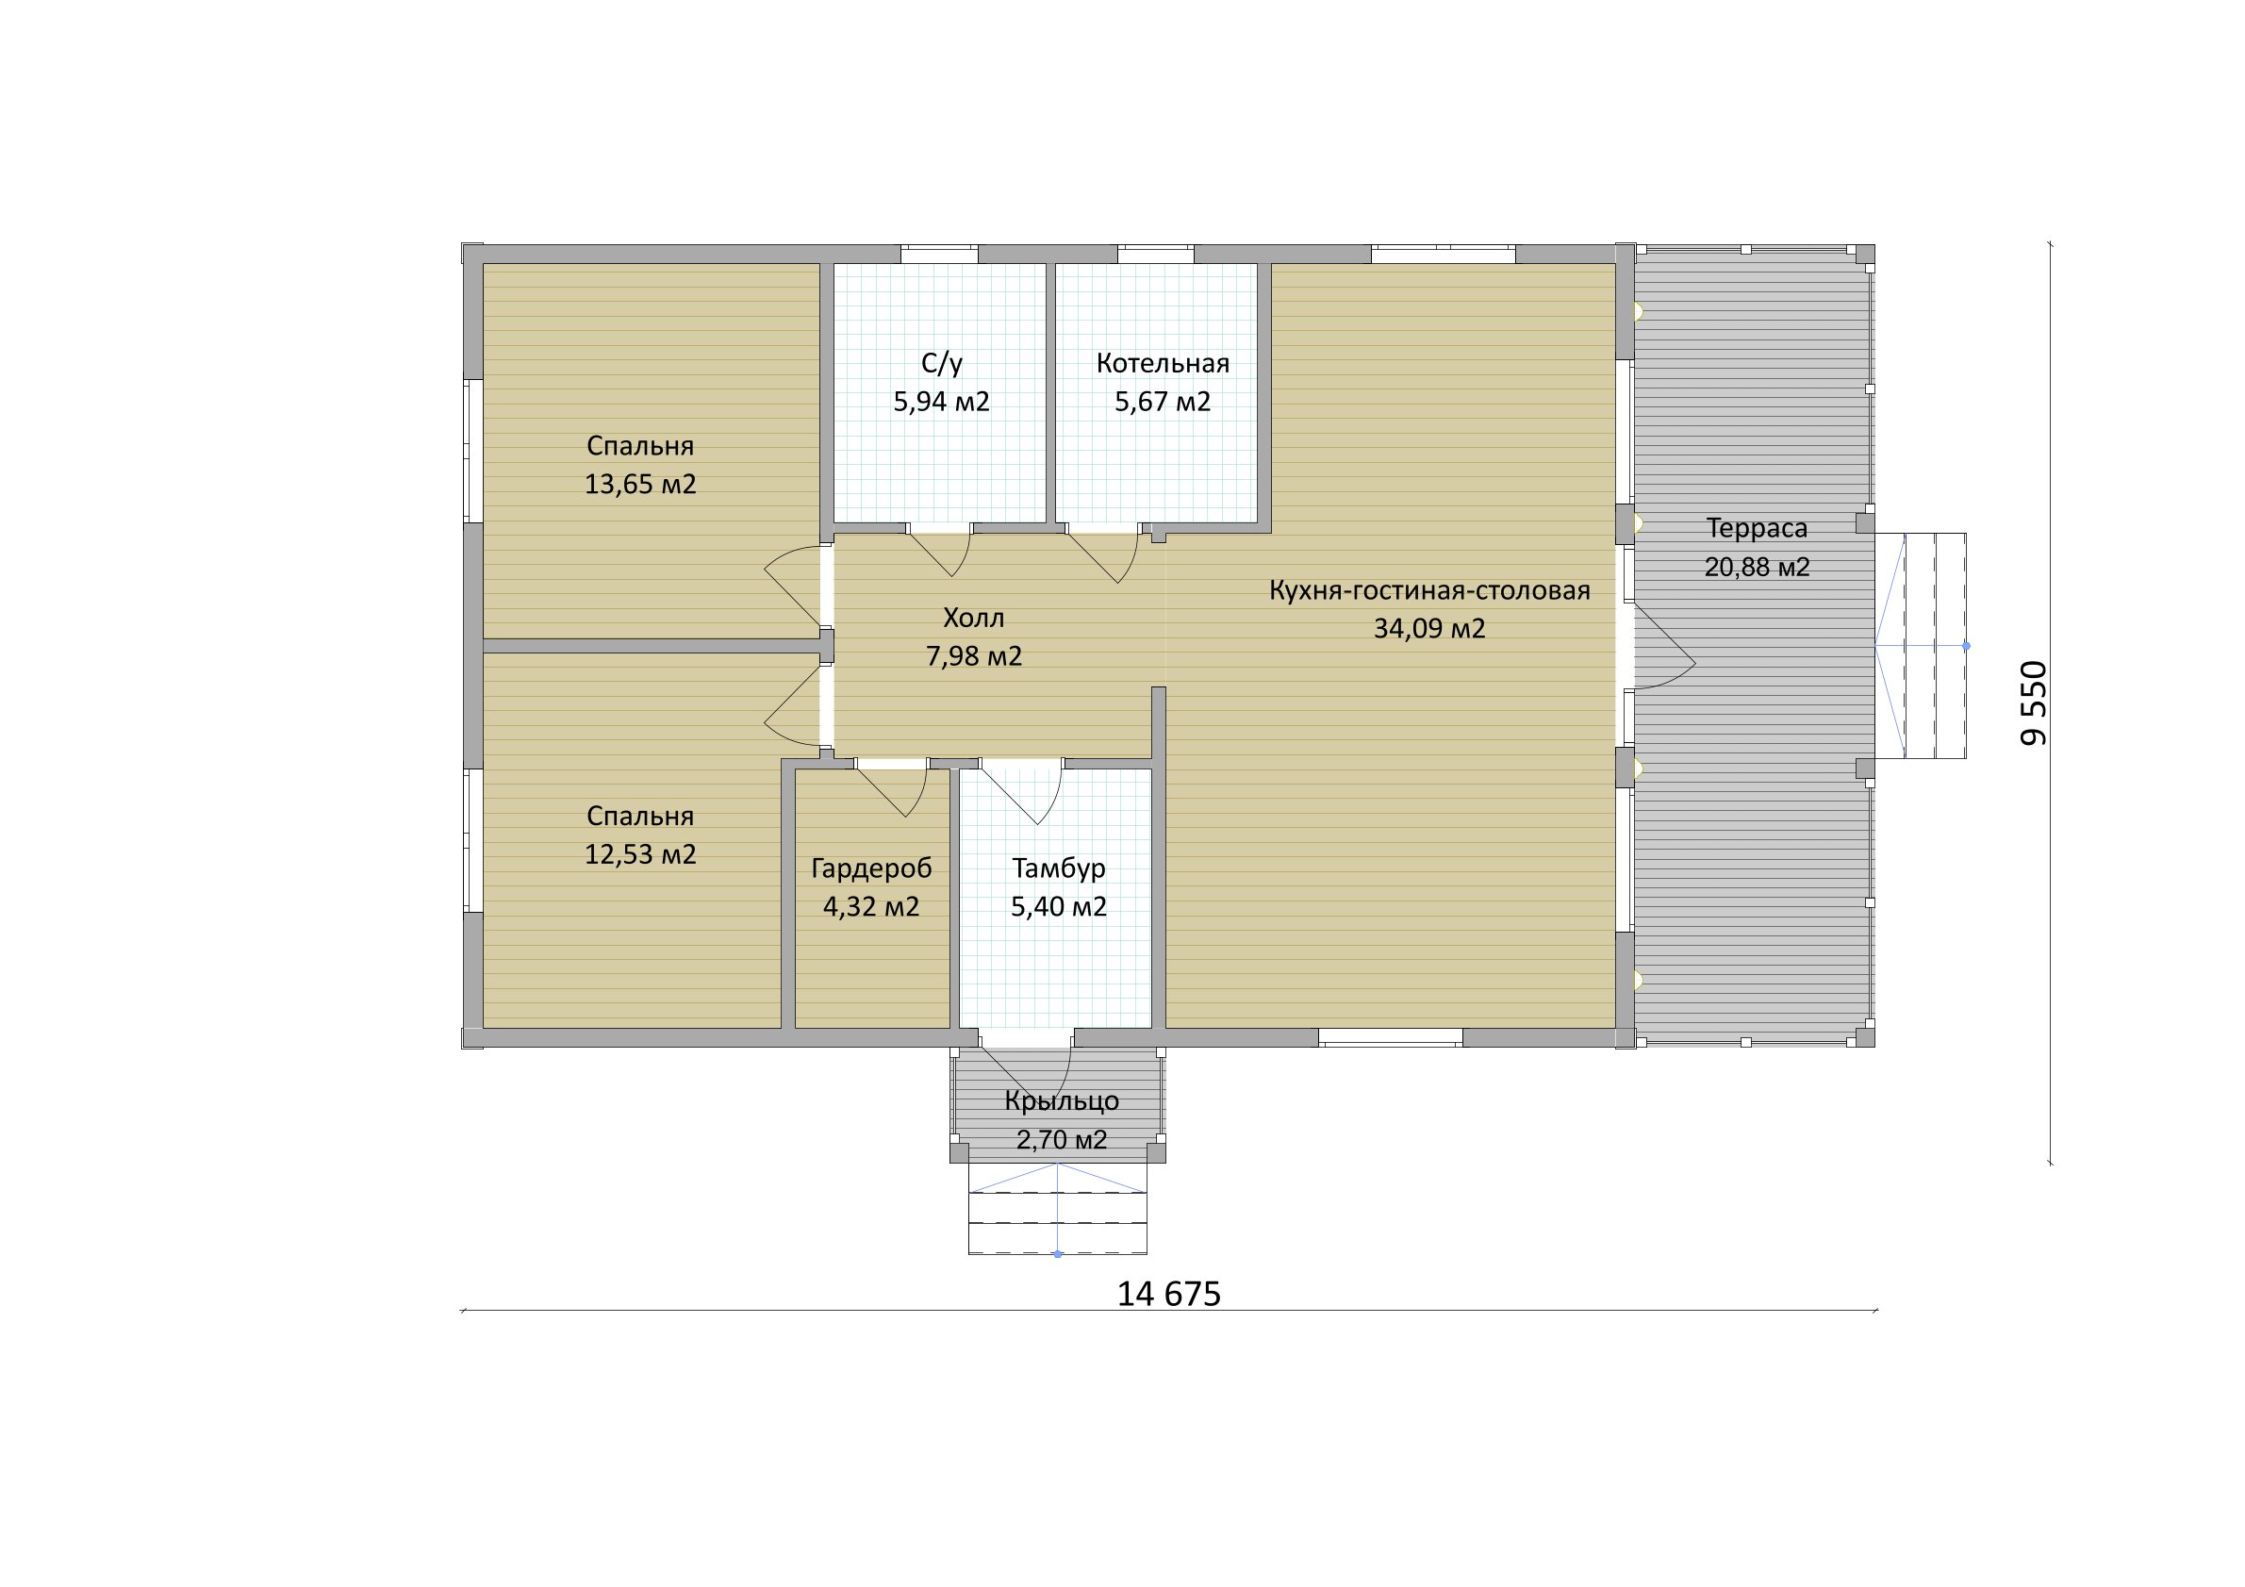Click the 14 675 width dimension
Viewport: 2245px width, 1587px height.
click(1169, 1295)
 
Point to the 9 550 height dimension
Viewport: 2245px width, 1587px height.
click(2034, 703)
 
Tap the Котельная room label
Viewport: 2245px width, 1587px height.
click(1163, 364)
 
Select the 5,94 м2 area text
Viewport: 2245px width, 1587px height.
click(942, 402)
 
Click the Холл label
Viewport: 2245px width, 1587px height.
click(974, 618)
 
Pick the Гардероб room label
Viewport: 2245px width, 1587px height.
click(871, 868)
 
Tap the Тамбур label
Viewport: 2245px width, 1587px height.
click(1059, 868)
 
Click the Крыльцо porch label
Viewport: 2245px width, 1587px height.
click(1062, 1101)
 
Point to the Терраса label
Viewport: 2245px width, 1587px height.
click(1758, 529)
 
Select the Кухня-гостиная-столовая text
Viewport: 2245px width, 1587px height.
click(1429, 590)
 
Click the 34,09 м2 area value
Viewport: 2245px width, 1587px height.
click(1429, 629)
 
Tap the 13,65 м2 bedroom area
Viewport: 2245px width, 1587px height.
click(640, 485)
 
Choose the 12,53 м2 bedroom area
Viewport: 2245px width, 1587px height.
click(640, 854)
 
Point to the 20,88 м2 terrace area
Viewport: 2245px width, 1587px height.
click(1758, 567)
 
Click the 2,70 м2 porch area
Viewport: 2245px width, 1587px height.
click(1062, 1140)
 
